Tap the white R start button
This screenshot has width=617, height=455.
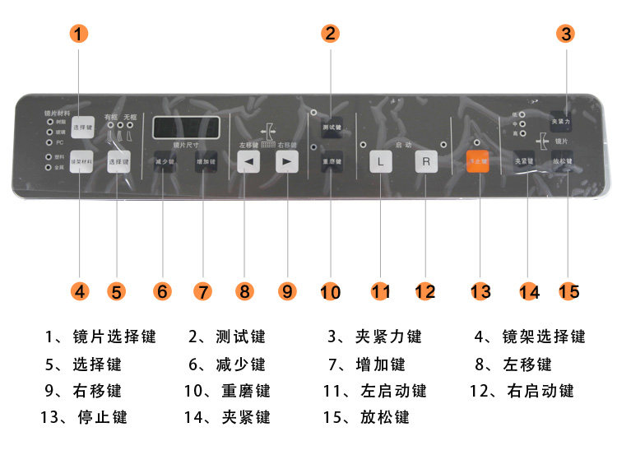(426, 161)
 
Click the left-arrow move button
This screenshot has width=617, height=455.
(248, 161)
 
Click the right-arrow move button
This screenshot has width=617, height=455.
(286, 161)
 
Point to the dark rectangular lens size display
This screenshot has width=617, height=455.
(186, 128)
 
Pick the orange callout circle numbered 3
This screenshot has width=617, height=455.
(565, 35)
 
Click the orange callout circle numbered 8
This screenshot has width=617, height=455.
(244, 291)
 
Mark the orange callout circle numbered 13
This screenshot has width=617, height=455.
(480, 291)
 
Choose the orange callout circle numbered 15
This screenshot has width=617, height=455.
(568, 291)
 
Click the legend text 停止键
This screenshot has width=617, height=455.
(102, 417)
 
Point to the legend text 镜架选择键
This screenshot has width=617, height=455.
(544, 337)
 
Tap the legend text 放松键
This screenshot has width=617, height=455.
(384, 417)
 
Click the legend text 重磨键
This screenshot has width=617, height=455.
(245, 391)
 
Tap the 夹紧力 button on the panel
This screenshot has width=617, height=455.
(562, 122)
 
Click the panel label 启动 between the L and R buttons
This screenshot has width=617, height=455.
(403, 145)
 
